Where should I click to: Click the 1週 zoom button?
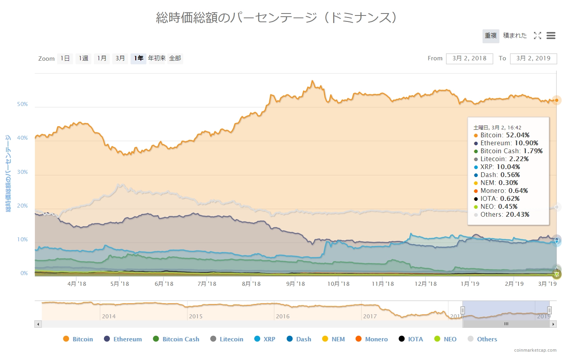pos(83,58)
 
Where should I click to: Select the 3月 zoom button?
pos(120,58)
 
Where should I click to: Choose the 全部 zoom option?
pos(175,58)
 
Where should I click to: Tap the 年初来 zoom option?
pos(157,58)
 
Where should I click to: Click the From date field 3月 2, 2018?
pos(469,58)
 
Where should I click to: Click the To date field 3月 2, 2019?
pos(533,58)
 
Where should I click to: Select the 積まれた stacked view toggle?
pos(515,36)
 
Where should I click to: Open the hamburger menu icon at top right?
pos(551,36)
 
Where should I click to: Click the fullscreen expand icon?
pos(537,36)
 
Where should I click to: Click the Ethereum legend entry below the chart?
pos(127,339)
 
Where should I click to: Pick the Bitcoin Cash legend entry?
pos(180,339)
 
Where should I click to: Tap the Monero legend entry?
pos(376,339)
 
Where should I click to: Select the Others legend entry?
pos(487,339)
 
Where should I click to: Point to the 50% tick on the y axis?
pos(22,104)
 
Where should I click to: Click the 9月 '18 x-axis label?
pos(295,283)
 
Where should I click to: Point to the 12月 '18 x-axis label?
pos(426,283)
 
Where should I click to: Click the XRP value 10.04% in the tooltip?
pos(508,167)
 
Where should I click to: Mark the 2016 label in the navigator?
pos(283,316)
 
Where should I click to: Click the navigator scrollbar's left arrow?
pos(38,324)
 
